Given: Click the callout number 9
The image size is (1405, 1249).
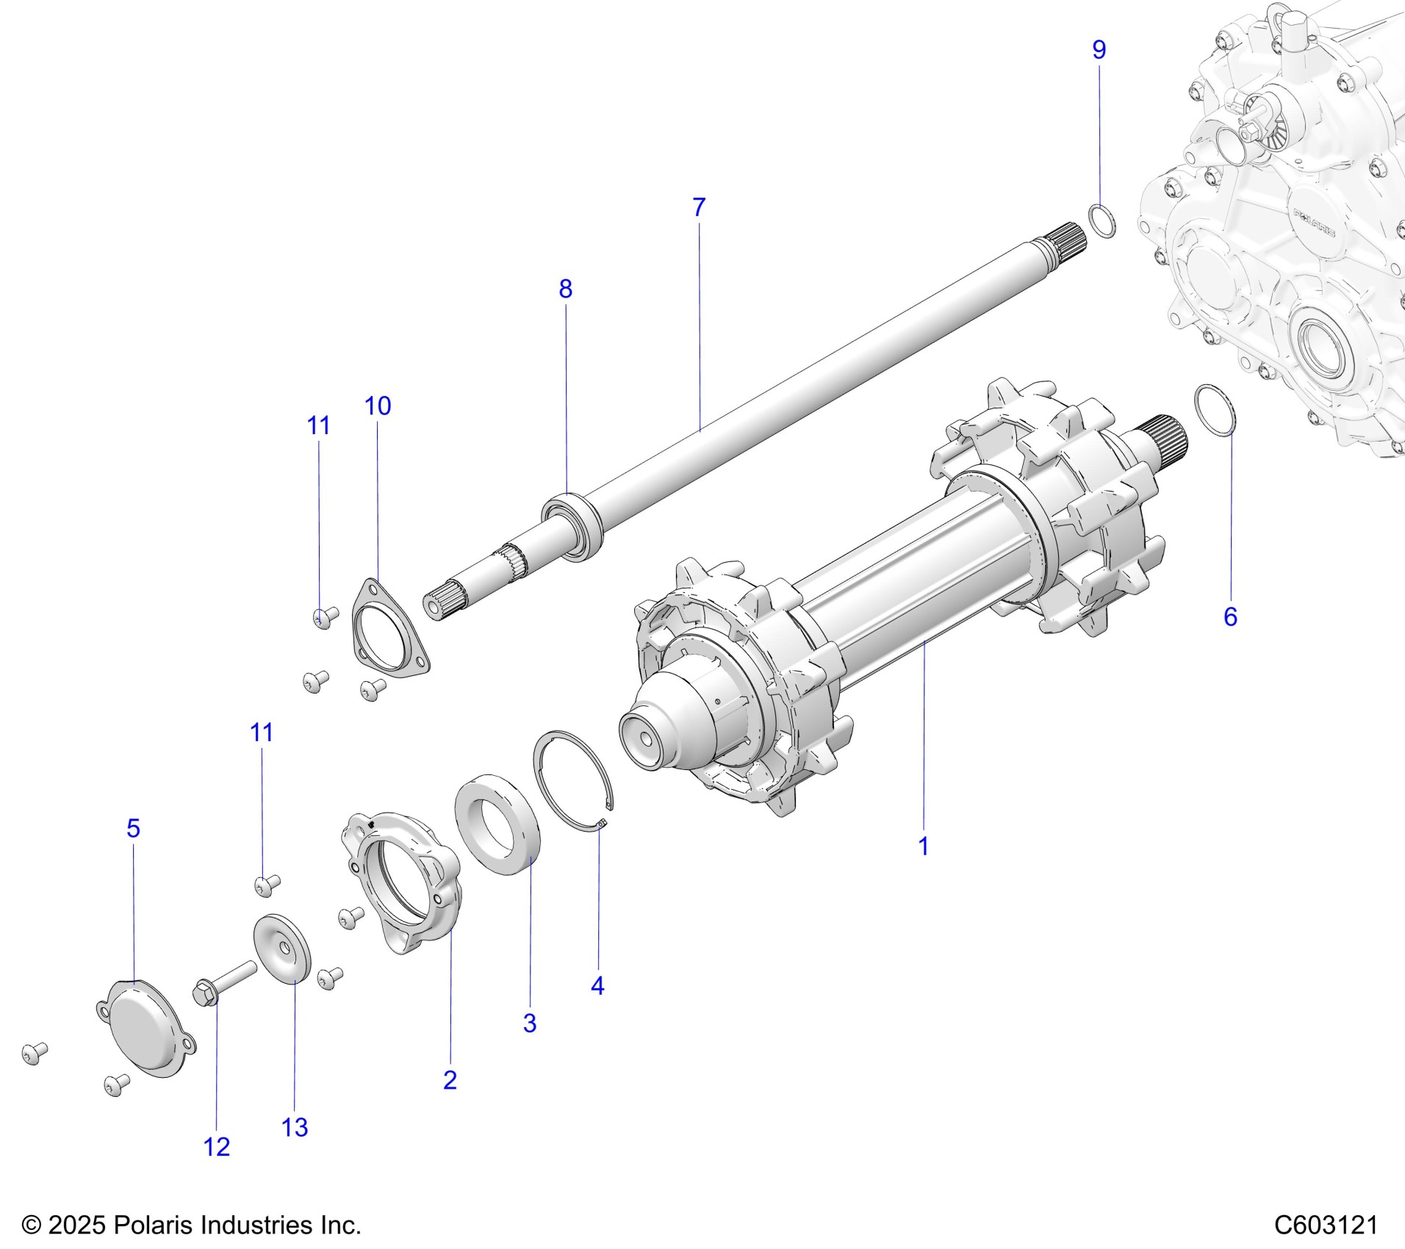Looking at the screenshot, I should pyautogui.click(x=1099, y=50).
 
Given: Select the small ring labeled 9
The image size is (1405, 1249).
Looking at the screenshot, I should pyautogui.click(x=1102, y=222).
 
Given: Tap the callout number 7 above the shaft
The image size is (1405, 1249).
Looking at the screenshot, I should pyautogui.click(x=699, y=208).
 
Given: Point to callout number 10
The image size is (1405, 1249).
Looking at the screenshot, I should pyautogui.click(x=378, y=406).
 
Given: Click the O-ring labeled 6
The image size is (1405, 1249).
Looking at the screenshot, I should pyautogui.click(x=1215, y=420).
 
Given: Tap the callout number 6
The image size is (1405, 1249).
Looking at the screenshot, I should pyautogui.click(x=1230, y=616).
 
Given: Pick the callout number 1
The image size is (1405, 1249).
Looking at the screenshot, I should pyautogui.click(x=924, y=846).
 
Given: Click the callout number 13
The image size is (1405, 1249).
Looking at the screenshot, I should pyautogui.click(x=295, y=1127).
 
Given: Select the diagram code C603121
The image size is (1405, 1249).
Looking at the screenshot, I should pyautogui.click(x=1326, y=1225).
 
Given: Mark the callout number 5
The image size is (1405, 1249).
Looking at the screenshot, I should pyautogui.click(x=133, y=828).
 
